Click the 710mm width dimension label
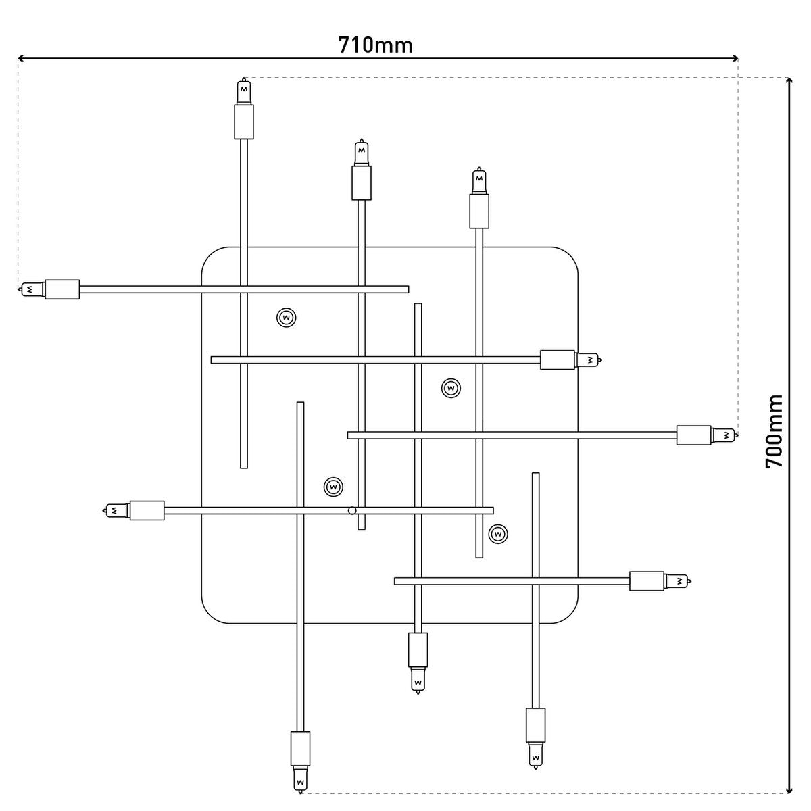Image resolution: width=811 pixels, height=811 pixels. pyautogui.click(x=375, y=45)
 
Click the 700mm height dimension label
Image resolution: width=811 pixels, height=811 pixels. pyautogui.click(x=774, y=431)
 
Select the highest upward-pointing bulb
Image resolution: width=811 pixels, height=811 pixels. pyautogui.click(x=244, y=91)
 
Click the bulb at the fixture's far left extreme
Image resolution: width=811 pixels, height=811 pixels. pyautogui.click(x=31, y=289)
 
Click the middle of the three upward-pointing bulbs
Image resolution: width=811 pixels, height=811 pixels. pyautogui.click(x=362, y=152)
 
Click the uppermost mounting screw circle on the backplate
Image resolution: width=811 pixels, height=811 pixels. pyautogui.click(x=287, y=317)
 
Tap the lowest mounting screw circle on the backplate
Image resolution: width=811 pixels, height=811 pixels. pyautogui.click(x=498, y=534)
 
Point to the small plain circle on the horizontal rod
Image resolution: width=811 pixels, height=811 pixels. pyautogui.click(x=351, y=510)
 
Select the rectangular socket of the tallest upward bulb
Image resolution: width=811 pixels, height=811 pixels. pyautogui.click(x=244, y=122)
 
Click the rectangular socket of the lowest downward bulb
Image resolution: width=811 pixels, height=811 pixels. pyautogui.click(x=300, y=747)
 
